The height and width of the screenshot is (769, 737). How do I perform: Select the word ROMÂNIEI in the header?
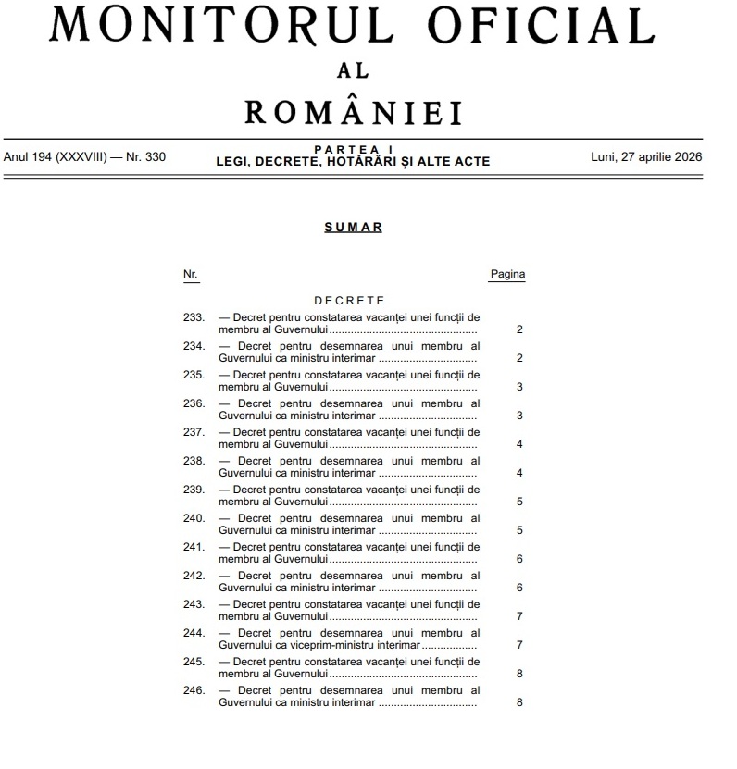coord(353,113)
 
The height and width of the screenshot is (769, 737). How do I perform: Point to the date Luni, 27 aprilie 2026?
coord(646,155)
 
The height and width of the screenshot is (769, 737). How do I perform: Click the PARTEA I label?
coord(353,149)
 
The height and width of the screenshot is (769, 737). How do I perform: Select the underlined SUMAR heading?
coord(353,228)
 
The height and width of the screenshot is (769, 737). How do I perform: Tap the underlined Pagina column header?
coord(506,275)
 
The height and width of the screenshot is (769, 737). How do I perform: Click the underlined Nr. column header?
coord(190,275)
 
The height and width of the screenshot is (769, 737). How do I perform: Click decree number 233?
coord(194,317)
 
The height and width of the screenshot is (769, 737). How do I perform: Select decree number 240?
coord(194,518)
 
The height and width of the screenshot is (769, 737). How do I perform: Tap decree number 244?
coord(194,633)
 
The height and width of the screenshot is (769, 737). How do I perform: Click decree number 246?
coord(194,690)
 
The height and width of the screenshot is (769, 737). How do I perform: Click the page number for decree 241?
coord(519,559)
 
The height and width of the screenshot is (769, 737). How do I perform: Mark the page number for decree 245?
coord(519,674)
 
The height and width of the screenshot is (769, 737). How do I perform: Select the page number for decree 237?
coord(519,444)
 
